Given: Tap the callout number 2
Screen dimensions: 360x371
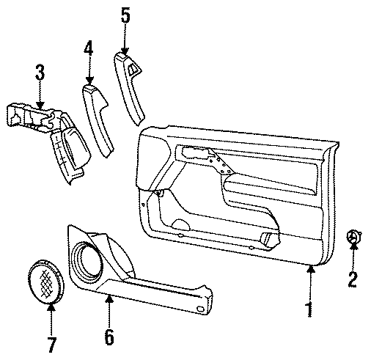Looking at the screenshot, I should tap(353, 278).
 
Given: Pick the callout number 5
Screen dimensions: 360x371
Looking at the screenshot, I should tap(125, 15).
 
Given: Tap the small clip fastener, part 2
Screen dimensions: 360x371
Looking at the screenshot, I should tap(353, 238).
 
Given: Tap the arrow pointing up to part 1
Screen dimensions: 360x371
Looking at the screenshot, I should tap(310, 279).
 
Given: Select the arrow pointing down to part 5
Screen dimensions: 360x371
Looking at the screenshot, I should tap(125, 40).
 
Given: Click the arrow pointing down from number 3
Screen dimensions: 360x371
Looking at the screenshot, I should tap(40, 95).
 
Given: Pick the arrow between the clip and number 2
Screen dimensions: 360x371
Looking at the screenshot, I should tap(353, 257).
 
